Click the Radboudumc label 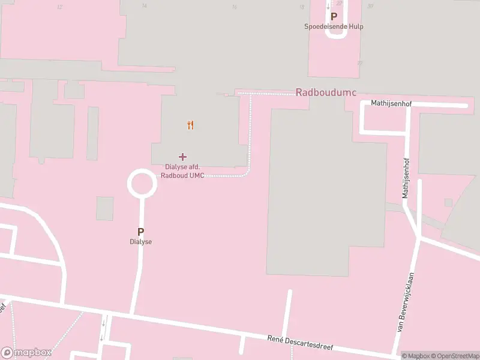[326, 92]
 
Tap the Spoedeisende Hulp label [334, 26]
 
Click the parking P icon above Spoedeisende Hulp [334, 17]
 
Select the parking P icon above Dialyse [141, 232]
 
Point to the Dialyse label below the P [141, 242]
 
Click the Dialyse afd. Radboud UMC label [182, 171]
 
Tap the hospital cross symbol [182, 157]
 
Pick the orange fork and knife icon [190, 125]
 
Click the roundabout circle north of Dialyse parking [142, 184]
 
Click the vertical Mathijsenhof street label [406, 178]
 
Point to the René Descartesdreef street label [299, 344]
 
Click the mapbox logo [26, 353]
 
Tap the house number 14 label [144, 6]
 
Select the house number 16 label [234, 7]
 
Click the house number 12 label [59, 7]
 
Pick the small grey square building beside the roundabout [105, 208]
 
